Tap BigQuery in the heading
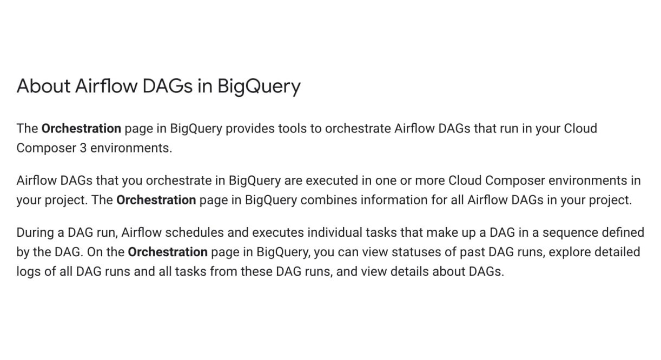[259, 86]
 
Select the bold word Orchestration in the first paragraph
[81, 129]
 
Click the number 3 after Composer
[83, 148]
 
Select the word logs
[29, 271]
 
